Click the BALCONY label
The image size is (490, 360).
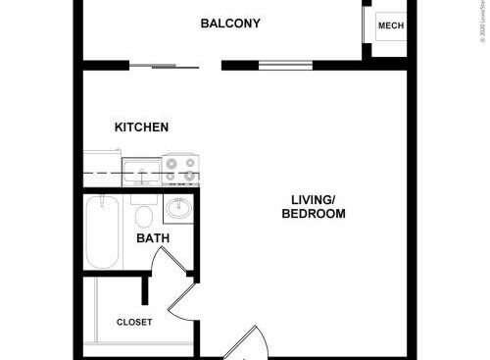[230, 24]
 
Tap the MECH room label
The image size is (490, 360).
[390, 26]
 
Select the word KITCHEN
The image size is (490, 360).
[142, 128]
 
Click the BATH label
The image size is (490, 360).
[152, 238]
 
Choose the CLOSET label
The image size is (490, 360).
[134, 322]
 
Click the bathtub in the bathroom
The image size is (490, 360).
[102, 232]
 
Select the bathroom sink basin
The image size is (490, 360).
[179, 210]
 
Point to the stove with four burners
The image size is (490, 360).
[180, 171]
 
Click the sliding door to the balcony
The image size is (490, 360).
[165, 67]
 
